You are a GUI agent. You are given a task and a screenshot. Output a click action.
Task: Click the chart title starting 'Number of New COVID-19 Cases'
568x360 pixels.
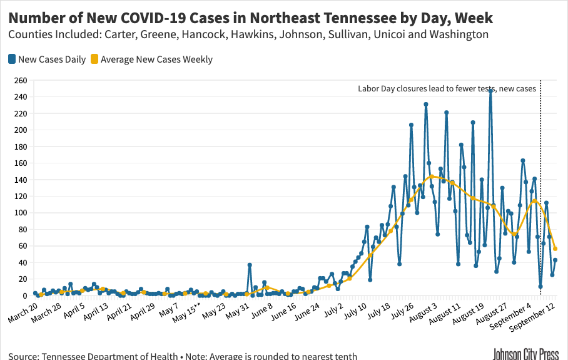point(250,18)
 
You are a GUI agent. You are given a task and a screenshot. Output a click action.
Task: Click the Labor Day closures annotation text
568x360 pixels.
point(447,89)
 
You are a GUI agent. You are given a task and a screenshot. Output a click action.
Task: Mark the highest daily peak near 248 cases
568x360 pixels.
point(491,91)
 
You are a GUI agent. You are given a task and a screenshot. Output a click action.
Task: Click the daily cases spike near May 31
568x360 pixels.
point(250,265)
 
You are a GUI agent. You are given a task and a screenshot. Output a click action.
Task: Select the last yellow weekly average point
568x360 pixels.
point(555,249)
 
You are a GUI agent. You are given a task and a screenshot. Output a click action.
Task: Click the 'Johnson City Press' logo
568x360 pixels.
point(526,354)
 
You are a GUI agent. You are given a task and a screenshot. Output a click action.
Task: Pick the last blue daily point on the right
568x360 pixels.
point(555,260)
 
